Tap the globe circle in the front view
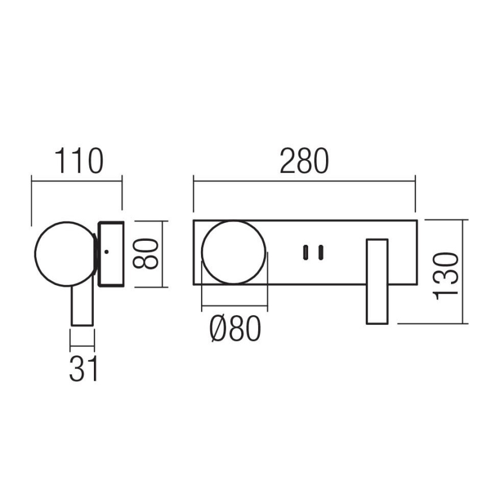click(x=234, y=252)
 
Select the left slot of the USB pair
click(x=306, y=252)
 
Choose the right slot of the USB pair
click(x=321, y=252)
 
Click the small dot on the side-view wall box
click(x=106, y=252)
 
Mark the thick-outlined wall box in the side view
click(x=111, y=253)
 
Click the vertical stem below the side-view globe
click(x=82, y=305)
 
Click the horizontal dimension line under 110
click(x=77, y=181)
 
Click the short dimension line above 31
click(x=82, y=346)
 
